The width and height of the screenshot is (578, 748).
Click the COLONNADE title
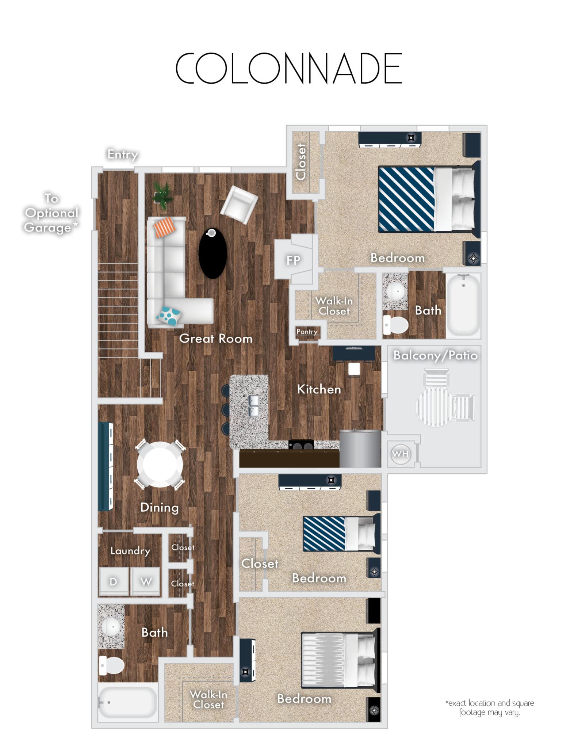pyautogui.click(x=289, y=68)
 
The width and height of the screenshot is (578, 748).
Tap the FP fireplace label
pyautogui.click(x=293, y=260)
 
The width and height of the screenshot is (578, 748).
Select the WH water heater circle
pyautogui.click(x=400, y=454)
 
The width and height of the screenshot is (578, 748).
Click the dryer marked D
pyautogui.click(x=114, y=581)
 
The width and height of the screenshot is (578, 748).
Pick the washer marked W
pyautogui.click(x=146, y=581)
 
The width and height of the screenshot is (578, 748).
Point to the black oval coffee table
pyautogui.click(x=213, y=253)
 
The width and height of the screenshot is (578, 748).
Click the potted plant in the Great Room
pyautogui.click(x=163, y=195)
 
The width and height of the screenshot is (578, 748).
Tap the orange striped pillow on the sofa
pyautogui.click(x=164, y=227)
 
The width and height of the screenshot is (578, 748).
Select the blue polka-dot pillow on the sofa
pyautogui.click(x=169, y=316)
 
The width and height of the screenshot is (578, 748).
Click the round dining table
pyautogui.click(x=160, y=464)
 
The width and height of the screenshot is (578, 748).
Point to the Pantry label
pyautogui.click(x=307, y=332)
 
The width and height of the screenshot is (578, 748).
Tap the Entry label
pyautogui.click(x=123, y=154)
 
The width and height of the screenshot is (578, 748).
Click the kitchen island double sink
pyautogui.click(x=254, y=406)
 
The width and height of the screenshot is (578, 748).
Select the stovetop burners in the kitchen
pyautogui.click(x=301, y=446)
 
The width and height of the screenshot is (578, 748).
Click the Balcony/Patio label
pyautogui.click(x=435, y=355)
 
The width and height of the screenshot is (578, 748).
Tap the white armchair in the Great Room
pyautogui.click(x=239, y=205)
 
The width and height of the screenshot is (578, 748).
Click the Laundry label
pyautogui.click(x=130, y=551)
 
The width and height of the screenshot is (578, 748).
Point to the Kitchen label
pyautogui.click(x=319, y=389)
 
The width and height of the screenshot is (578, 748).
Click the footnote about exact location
pyautogui.click(x=489, y=707)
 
